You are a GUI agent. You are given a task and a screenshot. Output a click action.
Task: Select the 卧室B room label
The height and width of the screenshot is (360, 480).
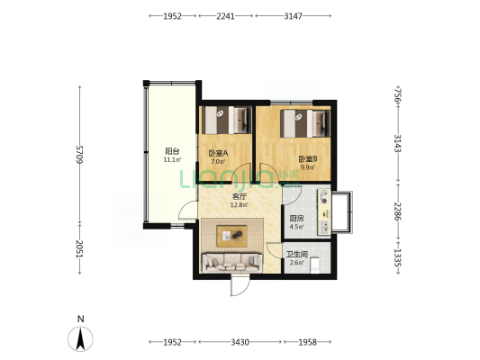tap(308, 159)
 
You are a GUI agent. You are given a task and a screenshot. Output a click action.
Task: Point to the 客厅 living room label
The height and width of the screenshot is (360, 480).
tap(240, 196)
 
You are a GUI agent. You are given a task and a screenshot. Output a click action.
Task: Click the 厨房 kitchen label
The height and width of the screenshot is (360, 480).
tap(296, 219)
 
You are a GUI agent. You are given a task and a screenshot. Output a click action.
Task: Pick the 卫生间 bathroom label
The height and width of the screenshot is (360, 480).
tap(297, 255)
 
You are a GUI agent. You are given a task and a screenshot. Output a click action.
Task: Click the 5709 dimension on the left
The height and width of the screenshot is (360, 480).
tap(80, 155)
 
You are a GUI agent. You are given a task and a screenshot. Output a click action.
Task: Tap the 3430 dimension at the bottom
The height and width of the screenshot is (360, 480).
tap(240, 342)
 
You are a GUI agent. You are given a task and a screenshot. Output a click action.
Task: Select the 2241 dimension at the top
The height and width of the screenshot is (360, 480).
tap(226, 16)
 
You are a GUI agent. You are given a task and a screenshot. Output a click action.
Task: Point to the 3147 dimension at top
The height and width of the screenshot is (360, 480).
tap(293, 16)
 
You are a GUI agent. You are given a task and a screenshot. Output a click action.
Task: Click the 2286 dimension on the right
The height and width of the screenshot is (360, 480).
tap(398, 211)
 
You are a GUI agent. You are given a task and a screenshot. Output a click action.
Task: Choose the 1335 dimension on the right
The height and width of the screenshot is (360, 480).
tap(398, 257)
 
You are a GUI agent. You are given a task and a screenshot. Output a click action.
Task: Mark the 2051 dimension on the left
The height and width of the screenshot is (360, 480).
tap(80, 248)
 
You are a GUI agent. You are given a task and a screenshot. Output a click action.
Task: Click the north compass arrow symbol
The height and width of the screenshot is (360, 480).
tap(80, 338)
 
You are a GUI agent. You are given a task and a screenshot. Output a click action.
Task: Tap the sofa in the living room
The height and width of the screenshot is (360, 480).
tap(232, 263)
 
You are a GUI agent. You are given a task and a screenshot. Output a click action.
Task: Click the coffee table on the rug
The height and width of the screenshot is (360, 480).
tap(231, 236)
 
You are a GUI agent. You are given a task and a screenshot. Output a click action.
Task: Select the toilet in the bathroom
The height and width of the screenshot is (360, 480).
tap(315, 265)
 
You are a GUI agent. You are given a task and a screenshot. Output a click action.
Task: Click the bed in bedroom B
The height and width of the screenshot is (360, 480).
tap(305, 123)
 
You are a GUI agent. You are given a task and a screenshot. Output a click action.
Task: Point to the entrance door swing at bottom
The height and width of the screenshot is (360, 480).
tap(240, 285)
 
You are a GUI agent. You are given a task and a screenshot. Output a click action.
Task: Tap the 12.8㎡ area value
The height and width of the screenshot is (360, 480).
tap(240, 205)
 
